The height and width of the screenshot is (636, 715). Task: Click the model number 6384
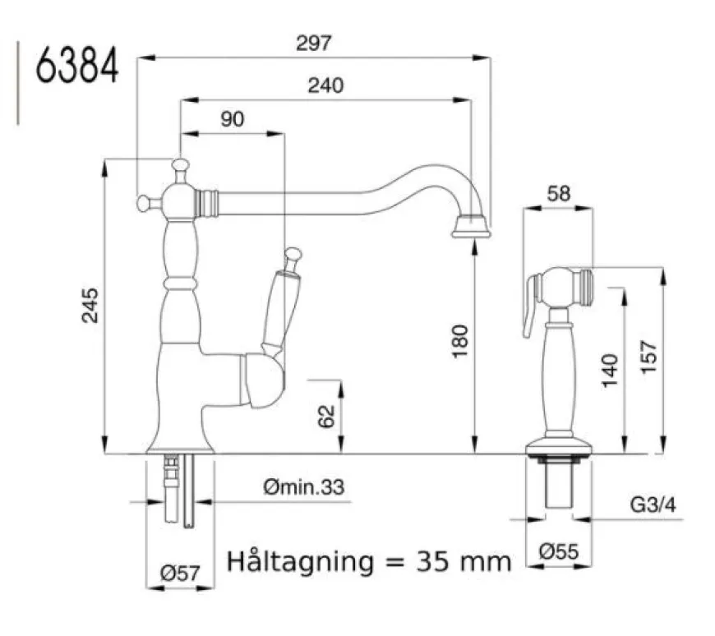tap(77, 66)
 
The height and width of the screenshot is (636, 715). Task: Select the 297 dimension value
tap(314, 44)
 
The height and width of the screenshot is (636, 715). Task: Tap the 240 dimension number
tap(325, 85)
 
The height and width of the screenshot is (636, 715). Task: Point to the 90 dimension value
tap(233, 119)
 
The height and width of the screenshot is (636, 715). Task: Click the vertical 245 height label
tap(90, 306)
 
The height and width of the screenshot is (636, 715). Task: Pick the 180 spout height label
tap(460, 341)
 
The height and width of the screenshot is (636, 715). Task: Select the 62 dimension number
tap(326, 417)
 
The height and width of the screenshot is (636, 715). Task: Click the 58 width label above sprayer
tap(559, 194)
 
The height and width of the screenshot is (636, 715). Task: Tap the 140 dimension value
tap(610, 371)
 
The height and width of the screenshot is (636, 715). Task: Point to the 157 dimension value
tap(649, 357)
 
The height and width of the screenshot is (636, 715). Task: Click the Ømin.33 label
tap(304, 487)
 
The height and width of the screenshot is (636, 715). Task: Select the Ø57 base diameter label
tap(180, 573)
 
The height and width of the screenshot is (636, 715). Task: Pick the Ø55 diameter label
tap(559, 551)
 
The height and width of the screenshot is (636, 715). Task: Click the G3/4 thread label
tap(653, 505)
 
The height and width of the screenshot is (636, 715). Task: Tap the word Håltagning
tap(300, 563)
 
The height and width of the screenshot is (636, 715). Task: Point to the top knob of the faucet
tap(181, 165)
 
